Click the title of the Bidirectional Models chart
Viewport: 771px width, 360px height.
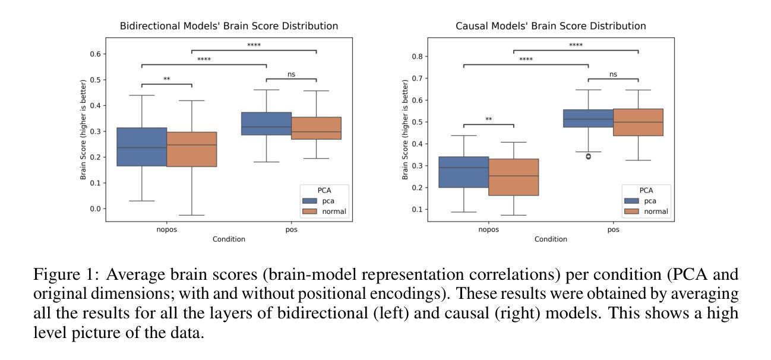point(229,26)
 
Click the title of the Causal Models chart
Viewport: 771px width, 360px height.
point(551,26)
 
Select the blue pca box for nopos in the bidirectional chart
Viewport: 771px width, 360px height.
point(141,147)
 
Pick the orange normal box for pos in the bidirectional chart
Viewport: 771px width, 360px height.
point(316,128)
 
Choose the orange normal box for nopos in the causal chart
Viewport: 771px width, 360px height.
point(513,177)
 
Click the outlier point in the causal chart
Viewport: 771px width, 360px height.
point(588,156)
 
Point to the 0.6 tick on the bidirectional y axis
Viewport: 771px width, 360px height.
point(95,54)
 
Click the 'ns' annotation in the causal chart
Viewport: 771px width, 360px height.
point(613,74)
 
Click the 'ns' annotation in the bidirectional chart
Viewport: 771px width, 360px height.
point(291,74)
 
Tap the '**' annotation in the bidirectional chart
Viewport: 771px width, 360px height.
point(167,79)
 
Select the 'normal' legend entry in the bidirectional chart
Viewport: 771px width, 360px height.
point(333,211)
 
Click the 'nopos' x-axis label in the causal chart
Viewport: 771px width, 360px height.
point(488,230)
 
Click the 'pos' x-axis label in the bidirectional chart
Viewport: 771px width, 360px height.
point(291,230)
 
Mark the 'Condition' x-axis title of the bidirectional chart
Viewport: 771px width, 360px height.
point(229,239)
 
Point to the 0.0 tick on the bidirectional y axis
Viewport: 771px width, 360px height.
point(95,209)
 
